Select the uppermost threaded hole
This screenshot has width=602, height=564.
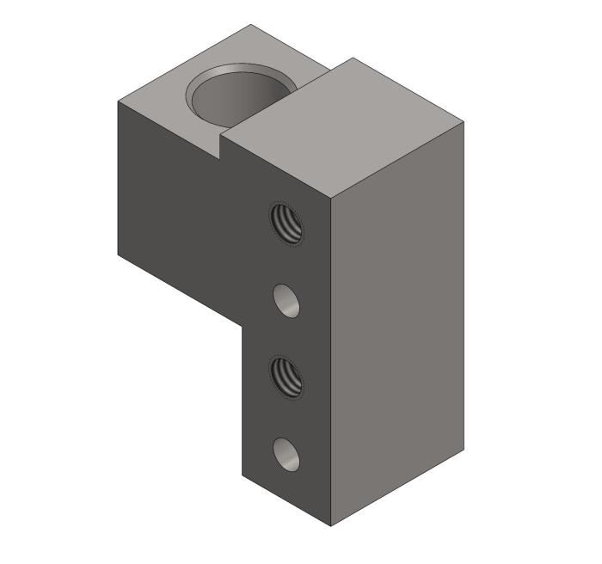pyautogui.click(x=287, y=224)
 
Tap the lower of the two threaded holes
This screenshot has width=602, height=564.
pyautogui.click(x=287, y=376)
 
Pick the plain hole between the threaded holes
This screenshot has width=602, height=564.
pyautogui.click(x=287, y=301)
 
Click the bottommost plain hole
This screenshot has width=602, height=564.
pyautogui.click(x=287, y=454)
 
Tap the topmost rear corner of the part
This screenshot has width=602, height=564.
pyautogui.click(x=251, y=24)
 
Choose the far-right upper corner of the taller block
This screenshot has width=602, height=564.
pyautogui.click(x=464, y=121)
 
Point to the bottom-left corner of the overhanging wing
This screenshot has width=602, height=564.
pyautogui.click(x=118, y=254)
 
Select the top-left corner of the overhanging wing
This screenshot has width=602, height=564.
pyautogui.click(x=118, y=101)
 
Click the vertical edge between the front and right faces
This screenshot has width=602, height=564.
pyautogui.click(x=331, y=361)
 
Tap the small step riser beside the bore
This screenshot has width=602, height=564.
pyautogui.click(x=223, y=148)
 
